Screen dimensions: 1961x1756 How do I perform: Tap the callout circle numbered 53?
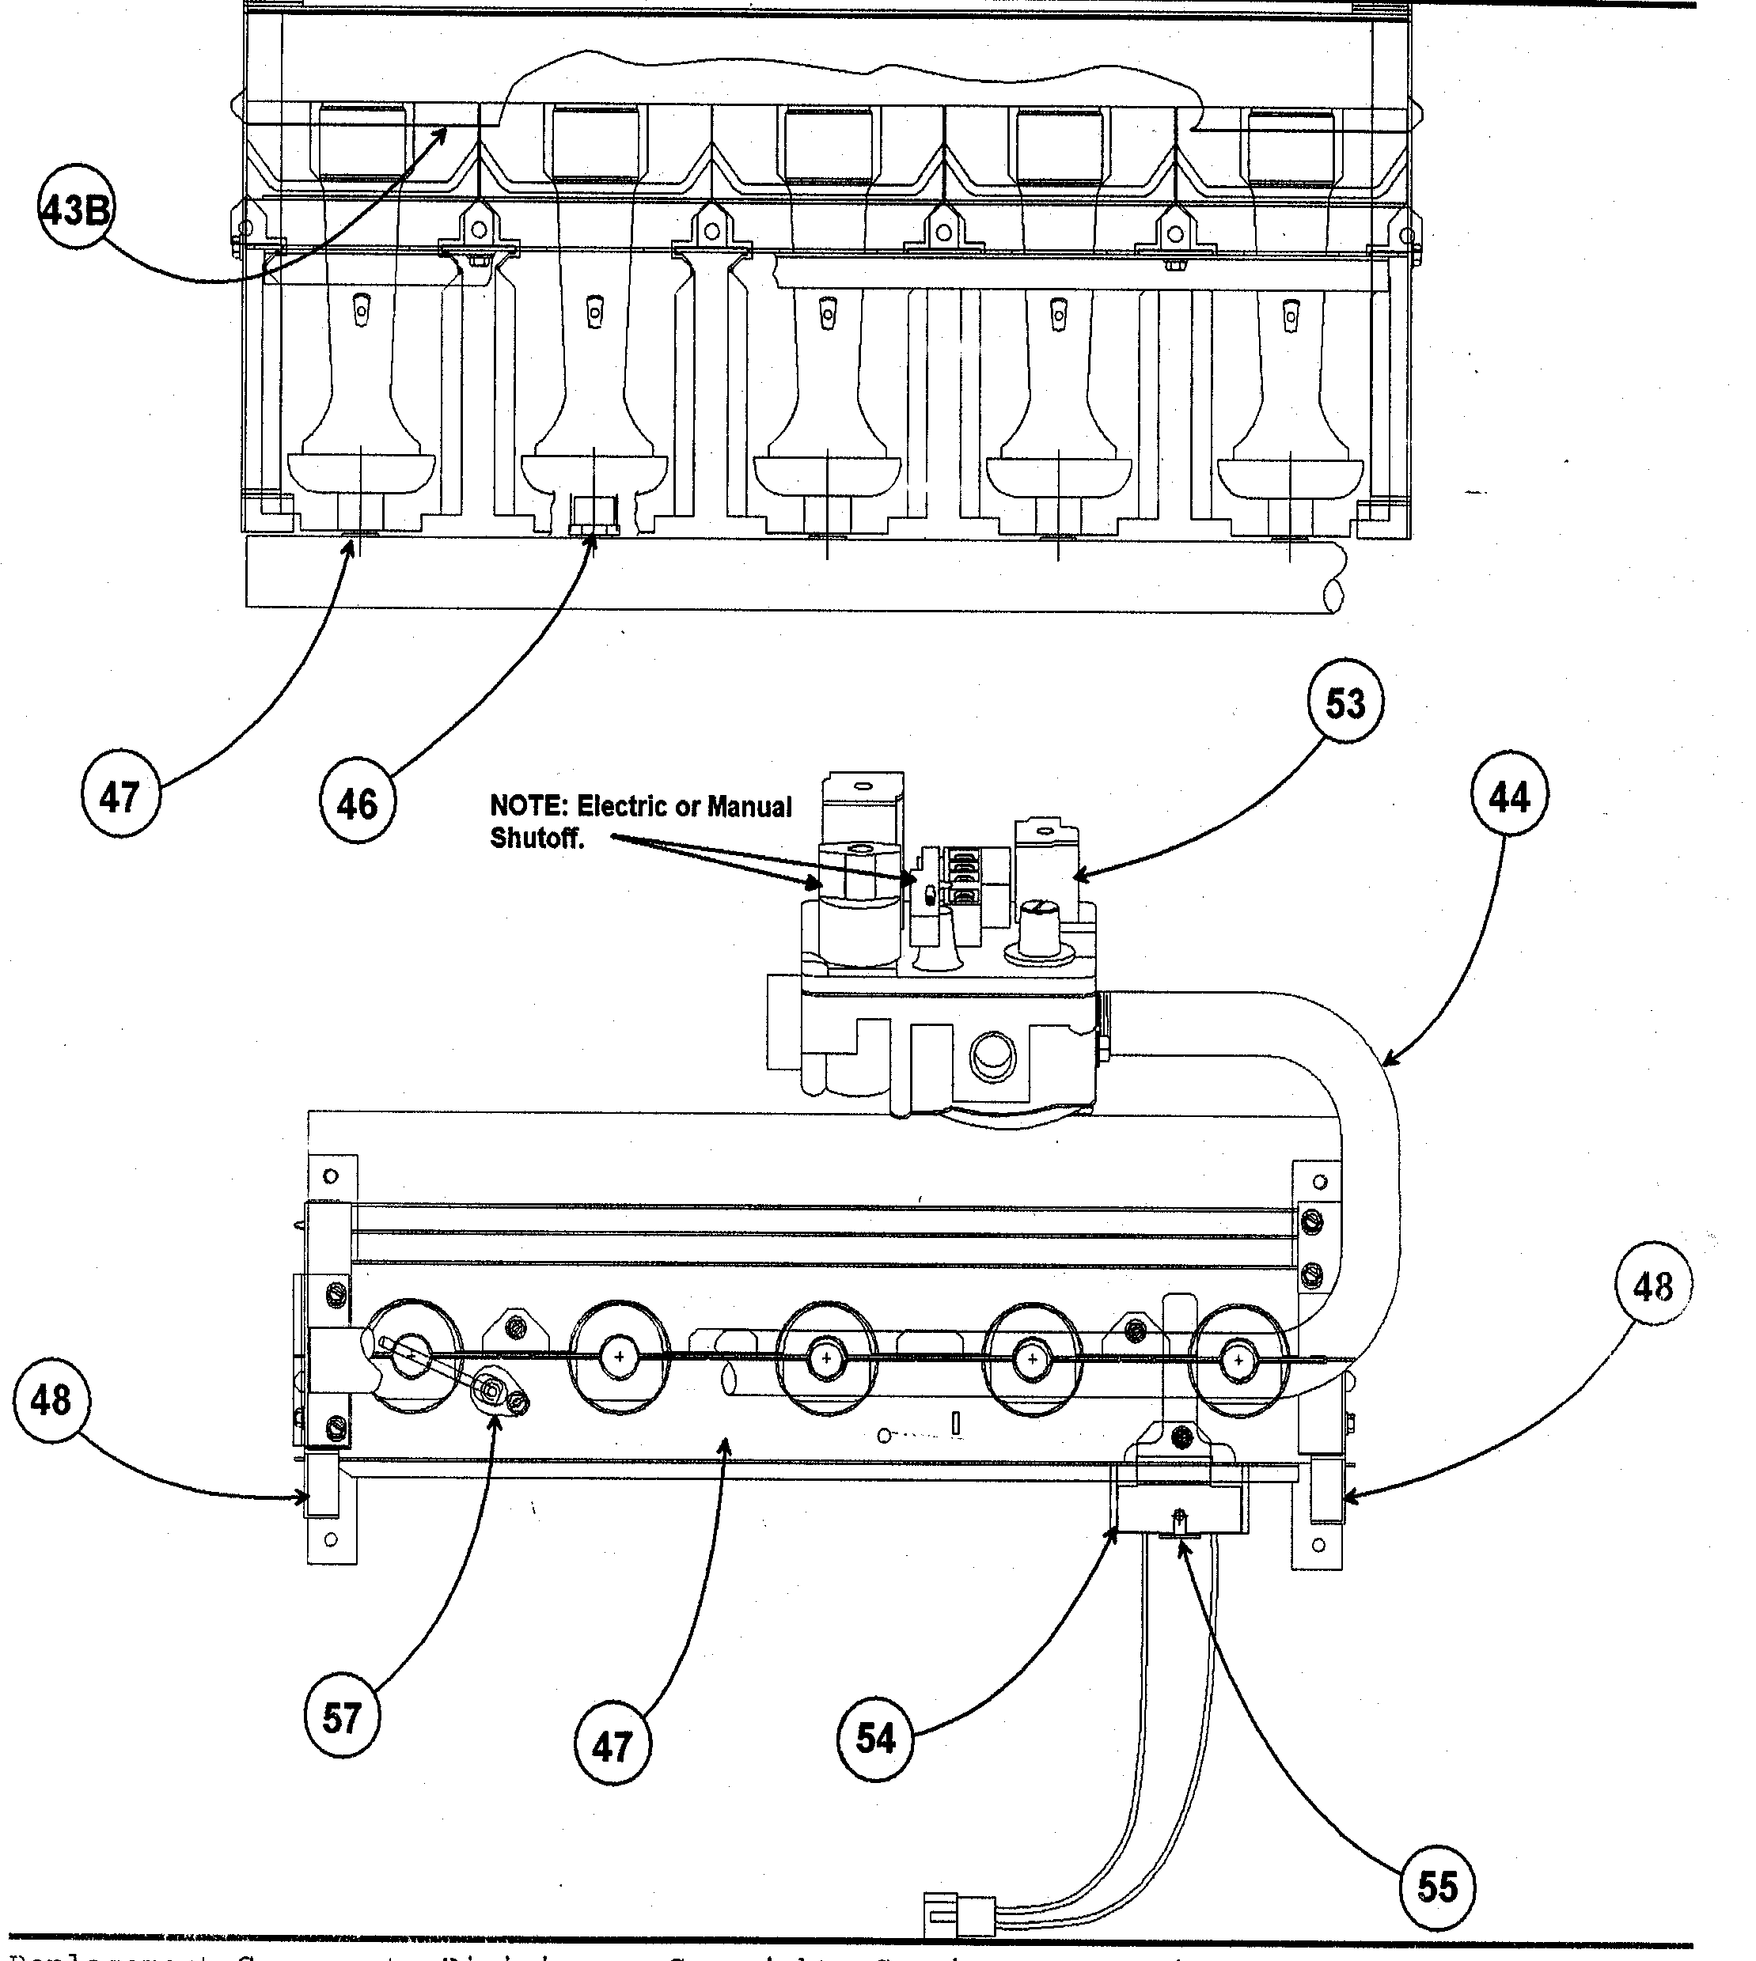tap(1345, 704)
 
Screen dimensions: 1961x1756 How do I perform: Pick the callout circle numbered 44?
tap(1509, 797)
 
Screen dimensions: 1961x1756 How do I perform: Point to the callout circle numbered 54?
tap(875, 1738)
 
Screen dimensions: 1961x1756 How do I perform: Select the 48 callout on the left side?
tap(51, 1401)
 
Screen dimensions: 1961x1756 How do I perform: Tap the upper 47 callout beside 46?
tap(119, 797)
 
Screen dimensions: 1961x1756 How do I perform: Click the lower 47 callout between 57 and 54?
tap(612, 1744)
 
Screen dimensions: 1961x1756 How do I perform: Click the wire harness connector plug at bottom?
tap(959, 1913)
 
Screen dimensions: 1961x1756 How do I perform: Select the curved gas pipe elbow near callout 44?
tap(1360, 1081)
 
